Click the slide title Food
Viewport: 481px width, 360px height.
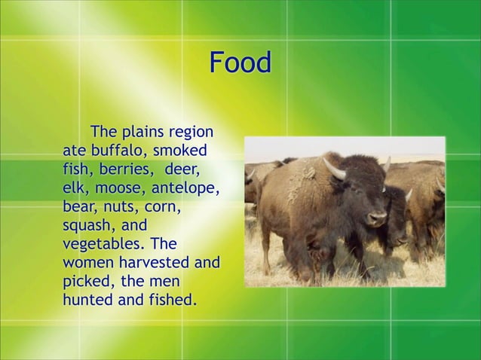[239, 63]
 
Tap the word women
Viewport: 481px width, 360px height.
[87, 264]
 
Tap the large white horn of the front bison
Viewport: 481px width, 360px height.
[334, 169]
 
